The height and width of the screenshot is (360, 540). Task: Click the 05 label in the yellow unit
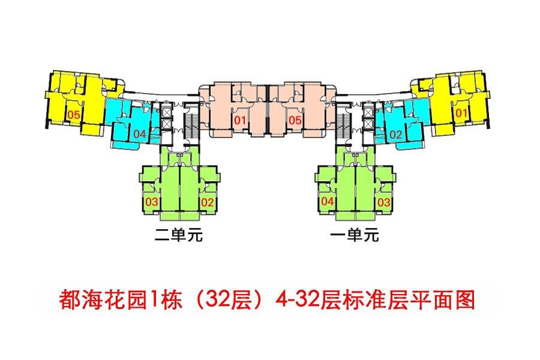(x=73, y=115)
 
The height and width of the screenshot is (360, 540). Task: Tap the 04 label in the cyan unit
(x=139, y=134)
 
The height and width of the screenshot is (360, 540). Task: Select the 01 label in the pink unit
(x=240, y=120)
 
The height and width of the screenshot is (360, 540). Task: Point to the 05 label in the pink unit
(x=295, y=120)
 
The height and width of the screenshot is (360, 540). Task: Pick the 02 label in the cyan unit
(x=396, y=134)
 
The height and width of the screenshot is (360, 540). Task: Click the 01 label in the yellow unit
(x=461, y=113)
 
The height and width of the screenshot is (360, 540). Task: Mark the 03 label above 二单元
(x=152, y=202)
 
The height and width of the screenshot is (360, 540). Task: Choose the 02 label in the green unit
(x=208, y=202)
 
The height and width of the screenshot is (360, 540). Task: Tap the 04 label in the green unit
(x=328, y=201)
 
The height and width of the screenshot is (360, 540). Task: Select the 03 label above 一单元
(x=383, y=202)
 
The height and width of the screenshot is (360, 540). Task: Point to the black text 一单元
(x=355, y=235)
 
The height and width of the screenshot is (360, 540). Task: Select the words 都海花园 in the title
(x=104, y=299)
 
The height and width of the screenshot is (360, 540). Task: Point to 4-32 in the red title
(x=297, y=299)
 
